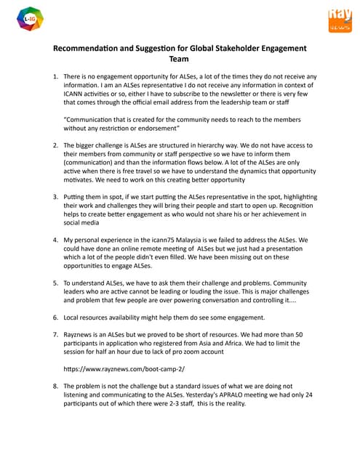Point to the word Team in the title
(x=179, y=60)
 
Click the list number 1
(x=55, y=76)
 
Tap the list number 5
(x=55, y=283)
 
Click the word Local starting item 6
(x=73, y=318)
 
